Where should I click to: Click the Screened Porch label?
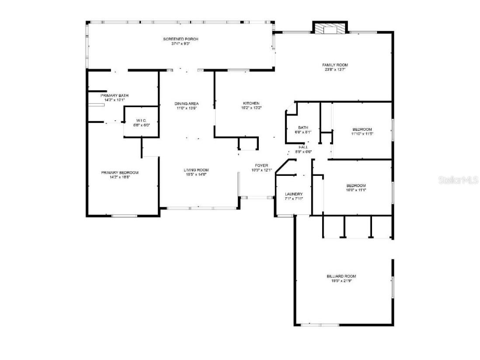[x=181, y=39]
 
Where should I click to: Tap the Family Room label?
[x=336, y=65]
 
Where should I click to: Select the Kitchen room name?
[x=251, y=103]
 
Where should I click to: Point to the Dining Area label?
[x=187, y=104]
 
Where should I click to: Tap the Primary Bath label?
[x=114, y=95]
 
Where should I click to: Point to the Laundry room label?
[x=293, y=194]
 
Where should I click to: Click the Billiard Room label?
[x=341, y=276]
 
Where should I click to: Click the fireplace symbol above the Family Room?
[x=330, y=28]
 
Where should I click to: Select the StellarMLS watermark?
[x=459, y=180]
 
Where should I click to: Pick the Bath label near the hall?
[x=303, y=127]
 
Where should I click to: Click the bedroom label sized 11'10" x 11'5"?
[x=362, y=129]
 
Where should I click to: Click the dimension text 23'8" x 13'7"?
[x=336, y=70]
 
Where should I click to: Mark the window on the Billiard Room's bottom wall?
[x=320, y=325]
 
